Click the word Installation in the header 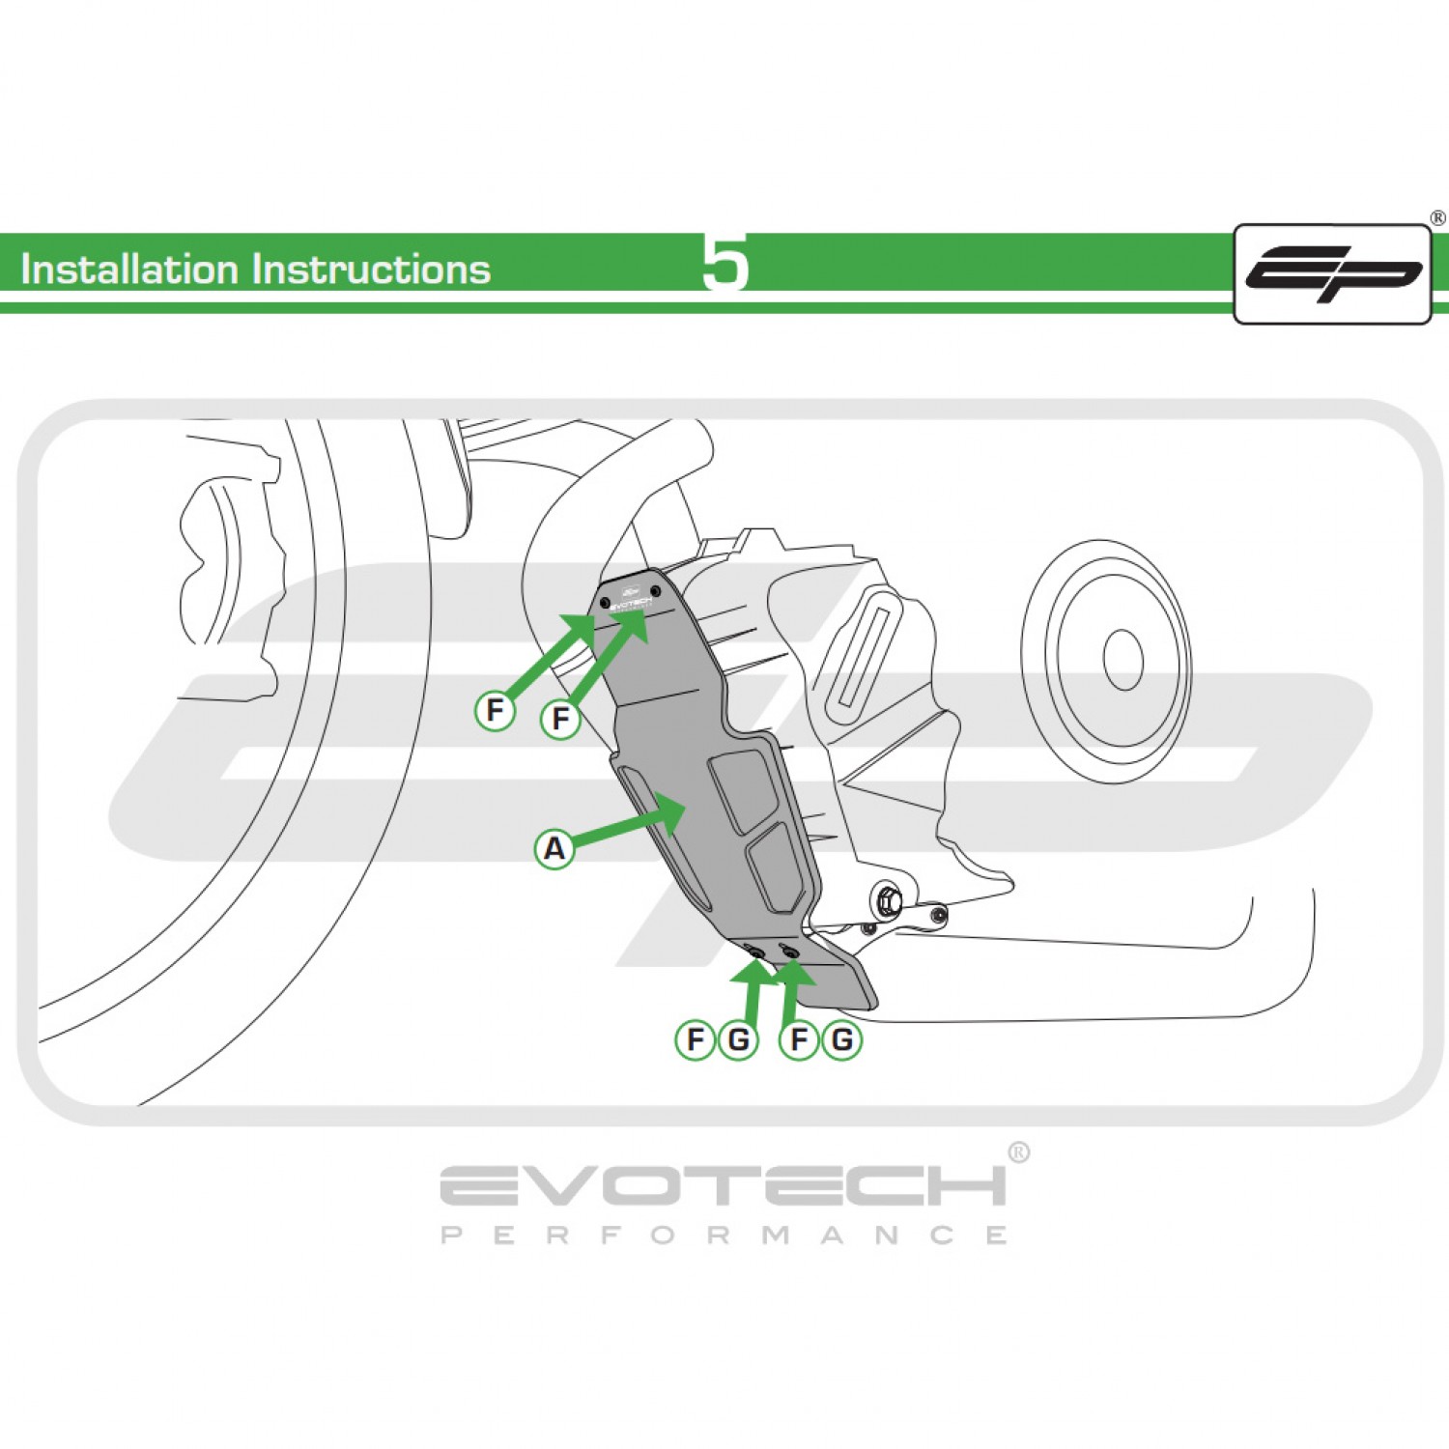click(x=129, y=270)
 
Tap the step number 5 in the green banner click(x=724, y=263)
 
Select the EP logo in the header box click(x=1333, y=274)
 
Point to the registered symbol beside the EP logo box click(x=1438, y=218)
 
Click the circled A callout click(x=554, y=849)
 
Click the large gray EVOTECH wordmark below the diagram click(x=723, y=1186)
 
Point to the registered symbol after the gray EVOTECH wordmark click(x=1018, y=1152)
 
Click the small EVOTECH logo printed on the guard click(x=631, y=600)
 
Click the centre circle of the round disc click(x=1122, y=660)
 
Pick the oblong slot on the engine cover click(x=862, y=654)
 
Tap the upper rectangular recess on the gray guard click(x=745, y=790)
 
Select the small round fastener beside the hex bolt click(x=938, y=913)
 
